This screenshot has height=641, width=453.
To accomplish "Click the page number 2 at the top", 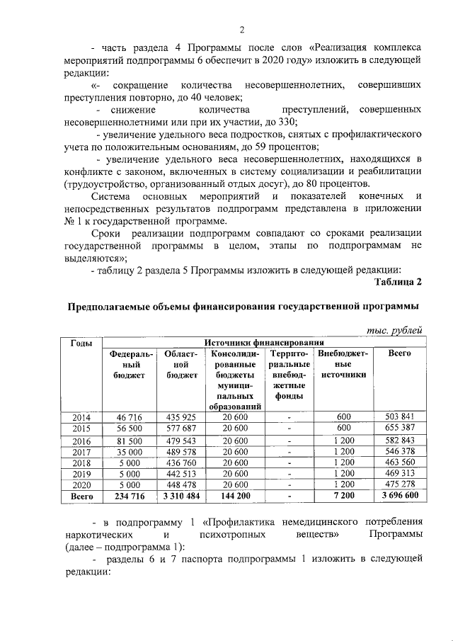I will coord(241,29).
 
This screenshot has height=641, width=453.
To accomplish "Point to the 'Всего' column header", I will coord(400,353).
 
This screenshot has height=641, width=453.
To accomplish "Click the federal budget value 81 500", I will coord(129,440).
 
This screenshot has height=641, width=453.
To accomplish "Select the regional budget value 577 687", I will coord(180,428).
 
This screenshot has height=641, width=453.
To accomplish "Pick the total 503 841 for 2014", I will coord(400,416).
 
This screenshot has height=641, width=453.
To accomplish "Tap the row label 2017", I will coord(81,451).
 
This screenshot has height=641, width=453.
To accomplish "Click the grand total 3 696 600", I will coord(400,497).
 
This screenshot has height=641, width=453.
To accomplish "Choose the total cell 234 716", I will coord(129,497).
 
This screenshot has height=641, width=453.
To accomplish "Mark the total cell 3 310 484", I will coord(180,497).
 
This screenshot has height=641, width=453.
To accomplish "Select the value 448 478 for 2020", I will coord(180,485).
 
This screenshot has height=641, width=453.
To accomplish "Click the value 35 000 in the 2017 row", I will coord(129,451).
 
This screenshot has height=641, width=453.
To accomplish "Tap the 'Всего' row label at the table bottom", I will coord(81,497).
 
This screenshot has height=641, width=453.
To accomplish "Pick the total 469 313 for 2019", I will coord(400,474).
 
